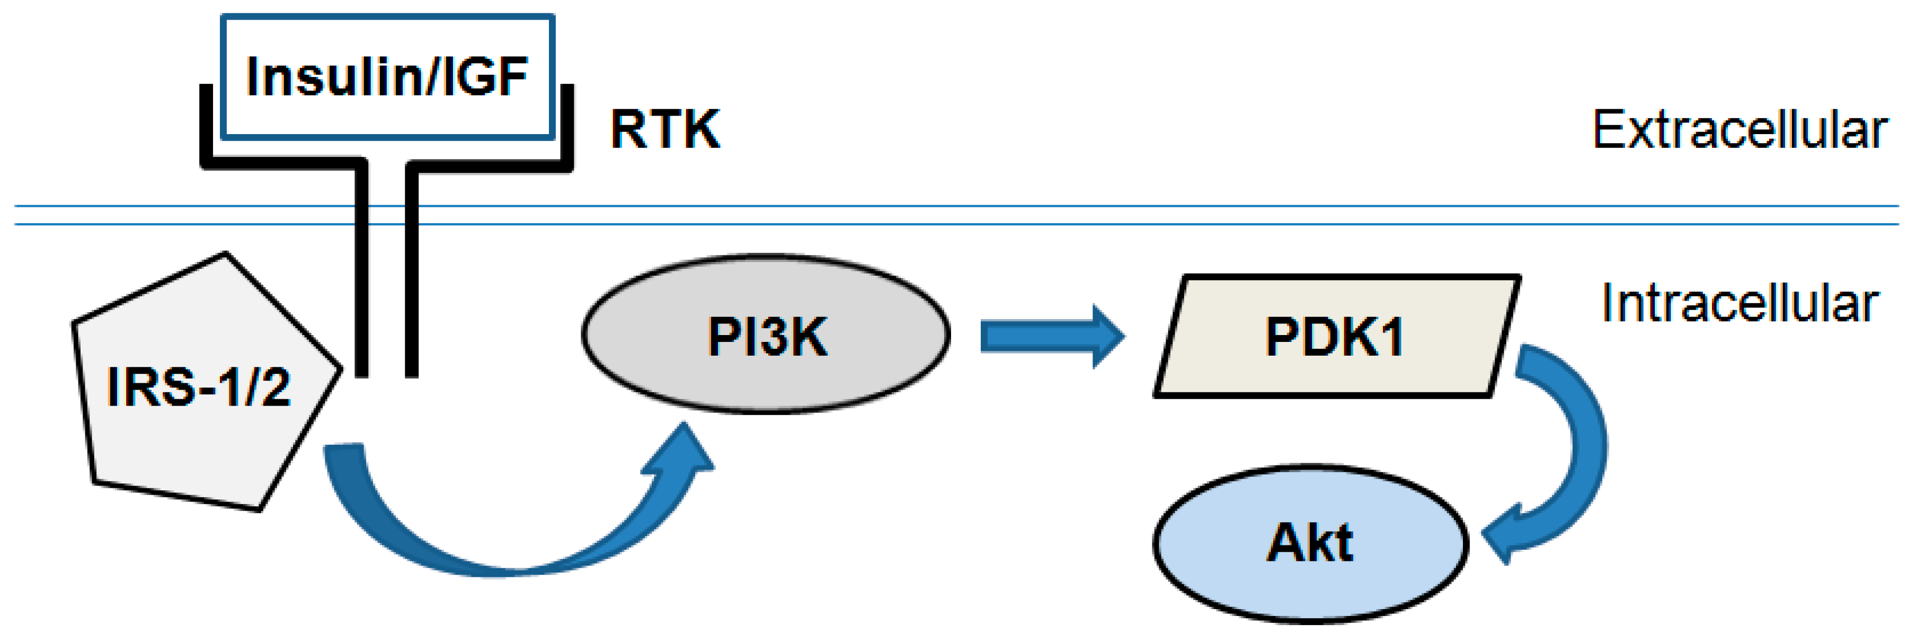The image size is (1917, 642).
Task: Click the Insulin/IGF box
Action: point(387,76)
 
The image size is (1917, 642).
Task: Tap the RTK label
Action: point(664,129)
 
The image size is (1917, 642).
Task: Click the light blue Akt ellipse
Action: point(1310,544)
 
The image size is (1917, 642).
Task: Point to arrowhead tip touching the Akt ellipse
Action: point(1483,535)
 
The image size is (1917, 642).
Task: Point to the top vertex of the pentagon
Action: point(225,254)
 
